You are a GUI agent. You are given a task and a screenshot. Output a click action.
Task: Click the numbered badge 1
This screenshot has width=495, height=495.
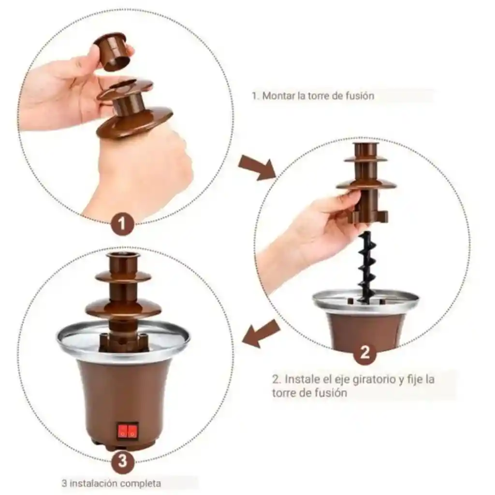coord(122,224)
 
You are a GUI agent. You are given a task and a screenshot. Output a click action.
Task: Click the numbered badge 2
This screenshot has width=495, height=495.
coord(365,352)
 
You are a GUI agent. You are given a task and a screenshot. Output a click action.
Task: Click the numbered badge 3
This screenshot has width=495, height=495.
coord(123,460)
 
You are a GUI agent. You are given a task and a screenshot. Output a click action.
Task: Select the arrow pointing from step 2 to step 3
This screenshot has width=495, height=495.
coord(262,334)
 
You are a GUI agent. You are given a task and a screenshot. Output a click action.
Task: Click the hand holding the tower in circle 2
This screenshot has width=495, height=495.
coord(319,227)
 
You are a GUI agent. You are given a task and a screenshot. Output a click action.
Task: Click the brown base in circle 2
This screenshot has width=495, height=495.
coord(366,329)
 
